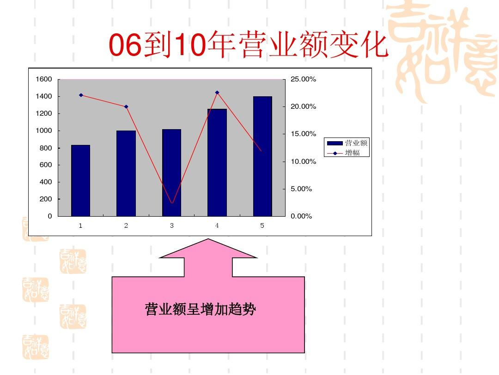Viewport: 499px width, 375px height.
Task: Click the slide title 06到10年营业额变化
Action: [x=248, y=45]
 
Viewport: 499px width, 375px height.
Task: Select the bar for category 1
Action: [x=80, y=181]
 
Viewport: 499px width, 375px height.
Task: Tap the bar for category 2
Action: [x=126, y=174]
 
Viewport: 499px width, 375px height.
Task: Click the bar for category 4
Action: [x=217, y=162]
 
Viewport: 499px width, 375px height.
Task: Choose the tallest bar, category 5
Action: [x=262, y=156]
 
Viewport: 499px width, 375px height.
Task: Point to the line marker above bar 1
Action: [x=81, y=95]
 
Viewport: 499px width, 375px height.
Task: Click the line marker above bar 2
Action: [x=126, y=106]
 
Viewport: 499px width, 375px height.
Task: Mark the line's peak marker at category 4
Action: [x=217, y=93]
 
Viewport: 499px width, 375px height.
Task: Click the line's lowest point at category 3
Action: [x=172, y=203]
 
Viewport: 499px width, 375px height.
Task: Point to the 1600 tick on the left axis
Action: [x=44, y=79]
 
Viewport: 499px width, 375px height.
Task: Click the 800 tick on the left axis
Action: [x=46, y=148]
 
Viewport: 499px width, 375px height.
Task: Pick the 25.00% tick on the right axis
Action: [x=303, y=79]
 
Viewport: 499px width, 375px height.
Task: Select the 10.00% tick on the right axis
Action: [x=303, y=162]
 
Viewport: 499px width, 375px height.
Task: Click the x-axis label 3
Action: [x=171, y=225]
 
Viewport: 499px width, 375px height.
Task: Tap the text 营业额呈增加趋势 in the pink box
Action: [x=200, y=309]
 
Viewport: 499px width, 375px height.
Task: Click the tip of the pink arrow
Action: [x=208, y=240]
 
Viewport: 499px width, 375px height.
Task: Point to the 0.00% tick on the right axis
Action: [x=301, y=216]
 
